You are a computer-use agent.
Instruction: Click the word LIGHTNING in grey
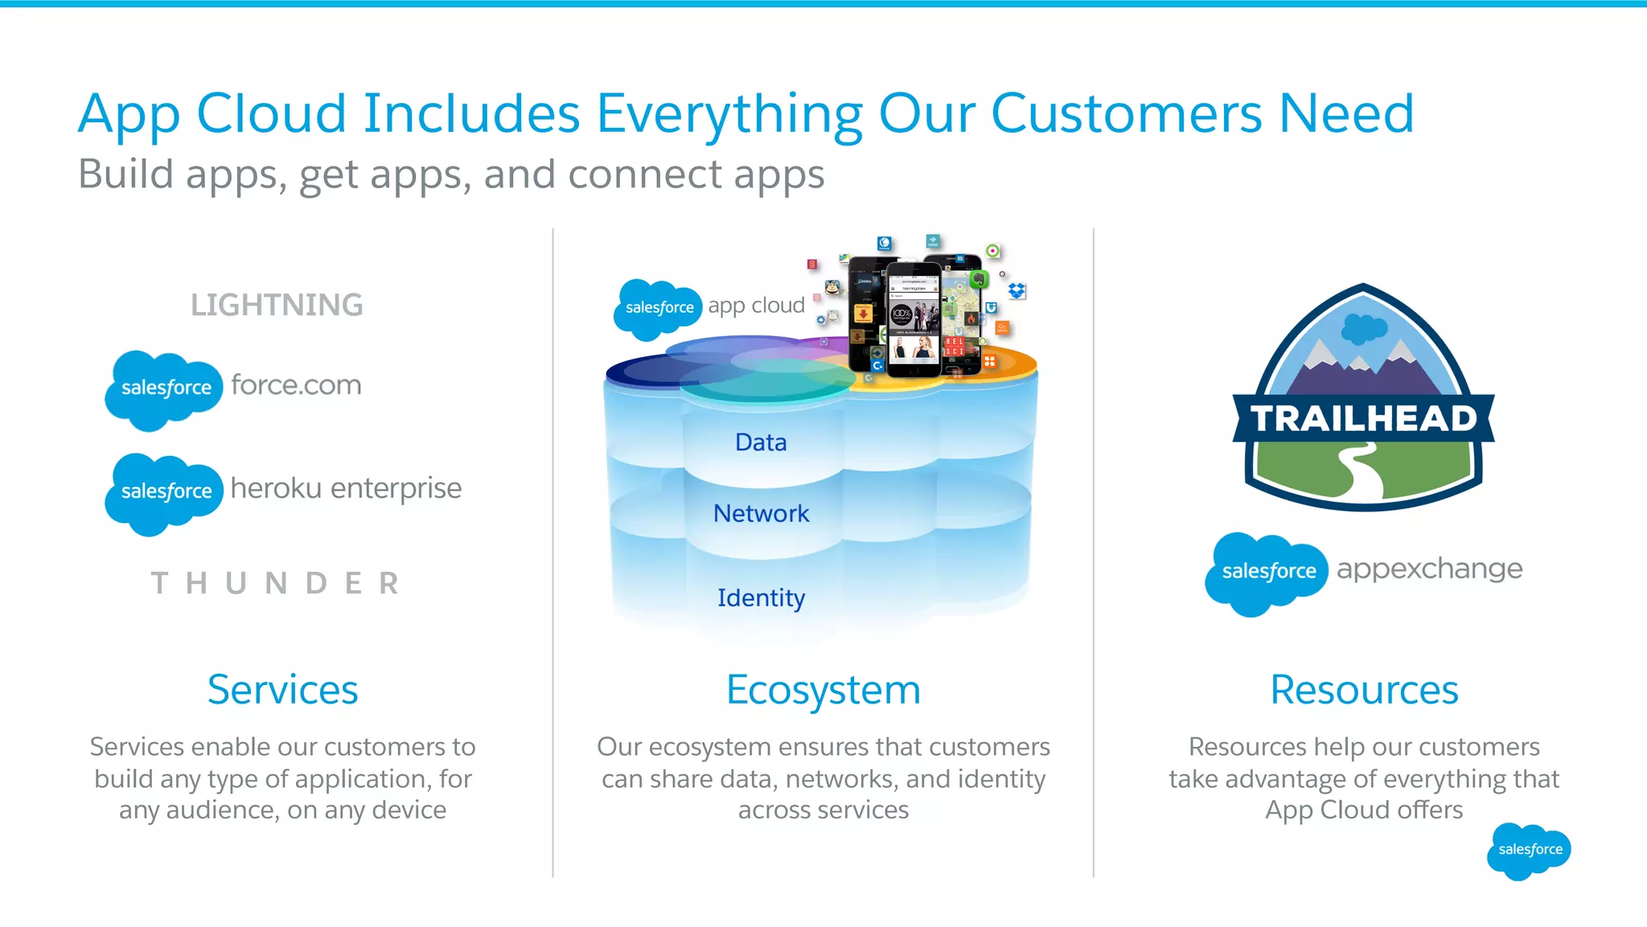[x=277, y=306]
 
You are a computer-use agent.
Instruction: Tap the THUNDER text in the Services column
[x=275, y=583]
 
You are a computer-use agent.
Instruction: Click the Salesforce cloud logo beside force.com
[x=164, y=389]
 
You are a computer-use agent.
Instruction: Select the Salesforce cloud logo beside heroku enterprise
[x=164, y=492]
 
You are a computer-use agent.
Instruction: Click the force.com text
[x=296, y=385]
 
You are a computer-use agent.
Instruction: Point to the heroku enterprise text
[x=346, y=488]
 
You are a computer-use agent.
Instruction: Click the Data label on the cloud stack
[x=761, y=442]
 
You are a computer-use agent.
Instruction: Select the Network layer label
[x=761, y=513]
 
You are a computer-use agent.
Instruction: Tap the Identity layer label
[x=761, y=597]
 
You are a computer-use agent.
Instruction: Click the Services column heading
[x=282, y=690]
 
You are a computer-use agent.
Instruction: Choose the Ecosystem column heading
[x=823, y=690]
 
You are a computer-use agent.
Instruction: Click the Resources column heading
[x=1364, y=690]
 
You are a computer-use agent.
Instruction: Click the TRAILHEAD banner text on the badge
[x=1363, y=419]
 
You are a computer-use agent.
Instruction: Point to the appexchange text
[x=1429, y=569]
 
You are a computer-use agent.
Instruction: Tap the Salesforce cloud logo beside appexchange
[x=1267, y=572]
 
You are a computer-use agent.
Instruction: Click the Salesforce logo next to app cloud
[x=658, y=308]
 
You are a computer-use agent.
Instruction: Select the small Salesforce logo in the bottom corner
[x=1529, y=850]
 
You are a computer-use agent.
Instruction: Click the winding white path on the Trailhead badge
[x=1362, y=472]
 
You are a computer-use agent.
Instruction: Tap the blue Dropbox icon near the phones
[x=1017, y=290]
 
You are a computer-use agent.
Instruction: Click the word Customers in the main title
[x=1127, y=114]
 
